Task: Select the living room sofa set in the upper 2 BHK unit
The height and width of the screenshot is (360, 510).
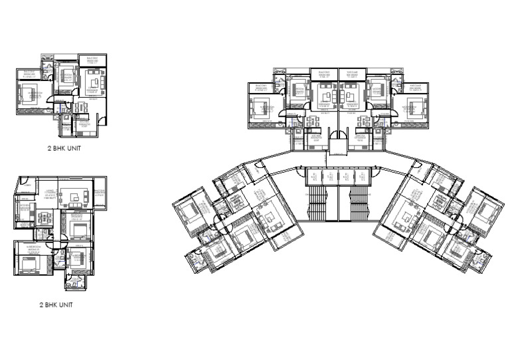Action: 90,84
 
